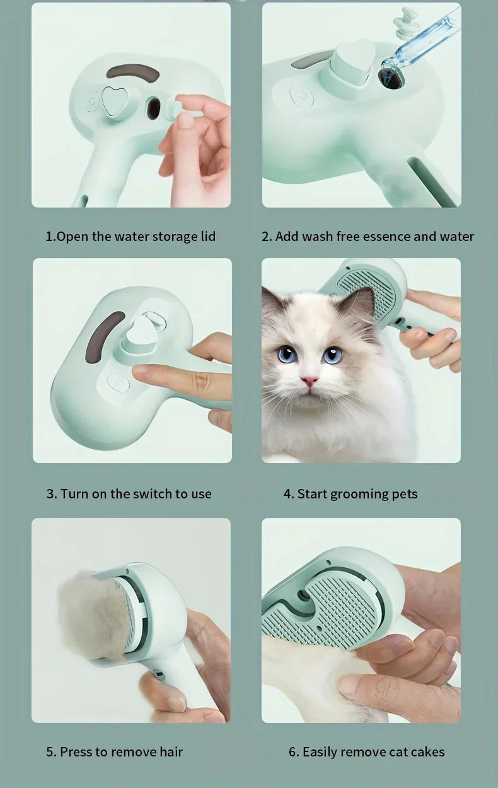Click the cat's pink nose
[309, 381]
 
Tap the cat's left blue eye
[287, 355]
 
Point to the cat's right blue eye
[332, 355]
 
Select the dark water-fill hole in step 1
[154, 109]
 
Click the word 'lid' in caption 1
[207, 237]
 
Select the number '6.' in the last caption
[294, 752]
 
